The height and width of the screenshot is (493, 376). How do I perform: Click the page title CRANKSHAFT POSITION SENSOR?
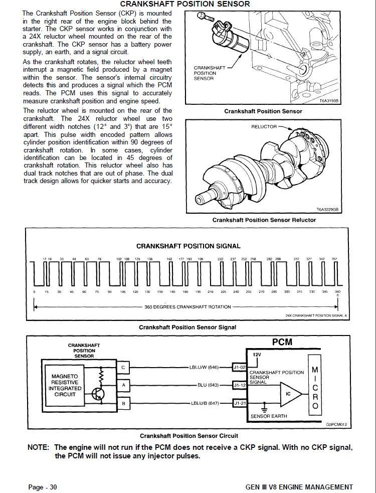point(189,4)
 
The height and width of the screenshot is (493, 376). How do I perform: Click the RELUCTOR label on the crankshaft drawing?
point(264,127)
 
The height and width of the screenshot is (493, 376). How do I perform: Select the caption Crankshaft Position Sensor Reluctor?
point(264,220)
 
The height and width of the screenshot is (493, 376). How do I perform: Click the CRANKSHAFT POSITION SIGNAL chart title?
point(189,246)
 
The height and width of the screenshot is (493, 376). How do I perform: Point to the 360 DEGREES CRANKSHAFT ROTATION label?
point(187,306)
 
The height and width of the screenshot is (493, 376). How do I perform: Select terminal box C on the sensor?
point(123,368)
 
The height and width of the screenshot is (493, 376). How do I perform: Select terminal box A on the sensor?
point(123,385)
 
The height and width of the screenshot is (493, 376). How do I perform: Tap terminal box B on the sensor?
point(123,403)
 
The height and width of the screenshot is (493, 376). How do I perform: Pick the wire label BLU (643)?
point(209,385)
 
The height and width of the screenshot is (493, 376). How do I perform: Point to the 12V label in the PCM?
point(257,354)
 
